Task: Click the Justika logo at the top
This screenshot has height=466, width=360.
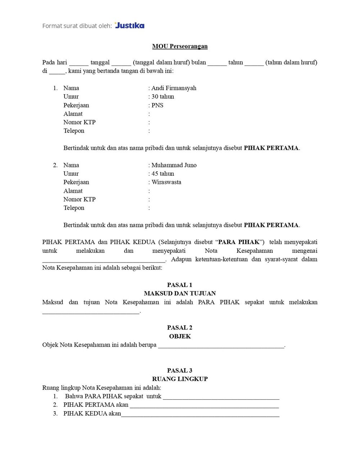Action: pyautogui.click(x=130, y=26)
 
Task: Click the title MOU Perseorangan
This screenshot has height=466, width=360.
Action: pyautogui.click(x=180, y=46)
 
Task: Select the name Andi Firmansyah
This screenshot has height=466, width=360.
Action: pyautogui.click(x=174, y=88)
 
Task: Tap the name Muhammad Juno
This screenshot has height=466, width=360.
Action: pyautogui.click(x=174, y=165)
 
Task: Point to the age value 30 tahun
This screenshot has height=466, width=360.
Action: pyautogui.click(x=163, y=97)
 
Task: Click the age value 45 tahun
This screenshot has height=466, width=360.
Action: pyautogui.click(x=163, y=174)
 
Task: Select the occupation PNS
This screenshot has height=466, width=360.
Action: pyautogui.click(x=157, y=105)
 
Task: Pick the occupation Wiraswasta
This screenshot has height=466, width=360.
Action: pyautogui.click(x=166, y=182)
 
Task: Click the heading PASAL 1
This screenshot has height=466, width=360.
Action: pyautogui.click(x=180, y=285)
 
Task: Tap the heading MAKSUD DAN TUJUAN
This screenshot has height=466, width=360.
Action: pyautogui.click(x=180, y=294)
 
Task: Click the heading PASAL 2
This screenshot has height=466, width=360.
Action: pyautogui.click(x=180, y=328)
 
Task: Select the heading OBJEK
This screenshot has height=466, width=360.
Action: pyautogui.click(x=180, y=336)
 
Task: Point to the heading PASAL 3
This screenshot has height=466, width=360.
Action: pyautogui.click(x=180, y=371)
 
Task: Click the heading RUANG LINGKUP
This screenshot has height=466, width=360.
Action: pyautogui.click(x=180, y=379)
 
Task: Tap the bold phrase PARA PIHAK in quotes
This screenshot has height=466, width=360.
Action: pyautogui.click(x=239, y=242)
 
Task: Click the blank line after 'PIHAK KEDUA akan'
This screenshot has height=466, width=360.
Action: pyautogui.click(x=200, y=414)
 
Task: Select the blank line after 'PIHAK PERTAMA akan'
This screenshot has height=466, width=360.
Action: pyautogui.click(x=204, y=405)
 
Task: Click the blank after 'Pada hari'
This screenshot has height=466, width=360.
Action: pyautogui.click(x=78, y=63)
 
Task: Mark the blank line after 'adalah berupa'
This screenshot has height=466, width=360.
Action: pyautogui.click(x=221, y=346)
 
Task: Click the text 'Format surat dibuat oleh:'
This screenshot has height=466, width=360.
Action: pyautogui.click(x=77, y=26)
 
